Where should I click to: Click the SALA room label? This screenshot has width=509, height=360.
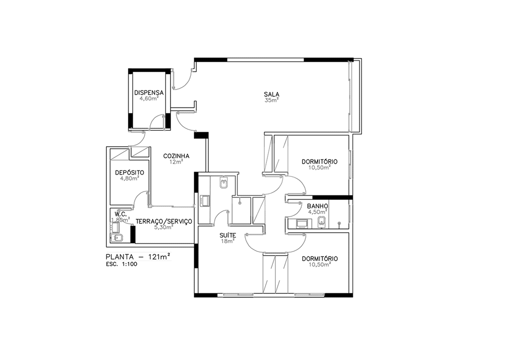pyautogui.click(x=271, y=94)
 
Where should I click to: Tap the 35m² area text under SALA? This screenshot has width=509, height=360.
pyautogui.click(x=272, y=100)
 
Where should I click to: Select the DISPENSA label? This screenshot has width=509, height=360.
pyautogui.click(x=149, y=93)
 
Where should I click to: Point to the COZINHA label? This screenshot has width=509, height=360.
pyautogui.click(x=176, y=156)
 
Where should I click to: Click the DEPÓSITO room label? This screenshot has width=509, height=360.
pyautogui.click(x=130, y=173)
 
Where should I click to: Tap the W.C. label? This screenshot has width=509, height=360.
pyautogui.click(x=120, y=214)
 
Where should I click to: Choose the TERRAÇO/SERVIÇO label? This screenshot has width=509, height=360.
pyautogui.click(x=164, y=221)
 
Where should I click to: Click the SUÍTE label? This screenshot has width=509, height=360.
pyautogui.click(x=228, y=235)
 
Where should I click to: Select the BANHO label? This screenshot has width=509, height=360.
pyautogui.click(x=318, y=206)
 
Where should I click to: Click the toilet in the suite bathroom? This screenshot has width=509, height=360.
pyautogui.click(x=224, y=183)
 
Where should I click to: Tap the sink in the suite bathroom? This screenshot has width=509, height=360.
pyautogui.click(x=205, y=201)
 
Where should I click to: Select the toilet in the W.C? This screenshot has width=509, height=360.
pyautogui.click(x=116, y=238)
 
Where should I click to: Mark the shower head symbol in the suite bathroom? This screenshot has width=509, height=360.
pyautogui.click(x=240, y=203)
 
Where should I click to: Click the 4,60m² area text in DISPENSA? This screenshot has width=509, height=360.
pyautogui.click(x=149, y=98)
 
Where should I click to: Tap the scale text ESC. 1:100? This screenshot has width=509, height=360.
pyautogui.click(x=121, y=264)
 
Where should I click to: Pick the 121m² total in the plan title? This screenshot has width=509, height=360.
pyautogui.click(x=160, y=257)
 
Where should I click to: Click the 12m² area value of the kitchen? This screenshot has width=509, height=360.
pyautogui.click(x=176, y=162)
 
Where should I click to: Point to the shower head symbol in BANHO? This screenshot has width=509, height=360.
pyautogui.click(x=339, y=223)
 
